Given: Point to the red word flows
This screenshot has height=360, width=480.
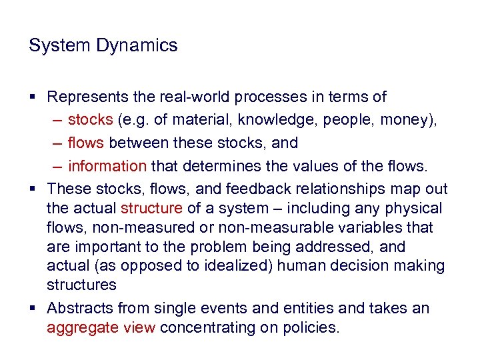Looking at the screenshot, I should tap(86, 143).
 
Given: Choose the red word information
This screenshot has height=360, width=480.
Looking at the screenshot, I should tap(107, 165).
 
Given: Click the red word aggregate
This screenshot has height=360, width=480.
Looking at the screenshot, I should tap(78, 327).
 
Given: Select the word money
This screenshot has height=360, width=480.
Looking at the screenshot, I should tap(409, 121).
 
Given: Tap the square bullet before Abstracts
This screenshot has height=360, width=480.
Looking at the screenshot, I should tap(33, 309).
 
